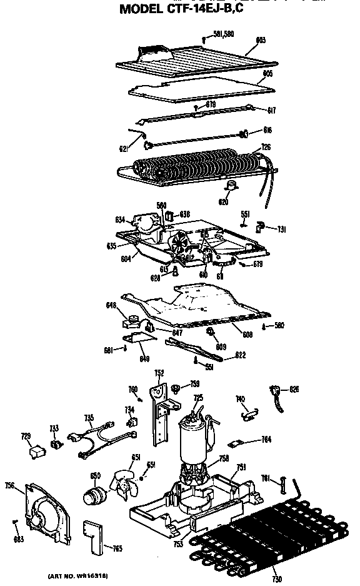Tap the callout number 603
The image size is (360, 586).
261,40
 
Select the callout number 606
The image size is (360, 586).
267,73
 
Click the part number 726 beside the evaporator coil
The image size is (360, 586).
266,147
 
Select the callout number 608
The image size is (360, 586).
248,335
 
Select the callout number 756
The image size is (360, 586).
9,485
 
